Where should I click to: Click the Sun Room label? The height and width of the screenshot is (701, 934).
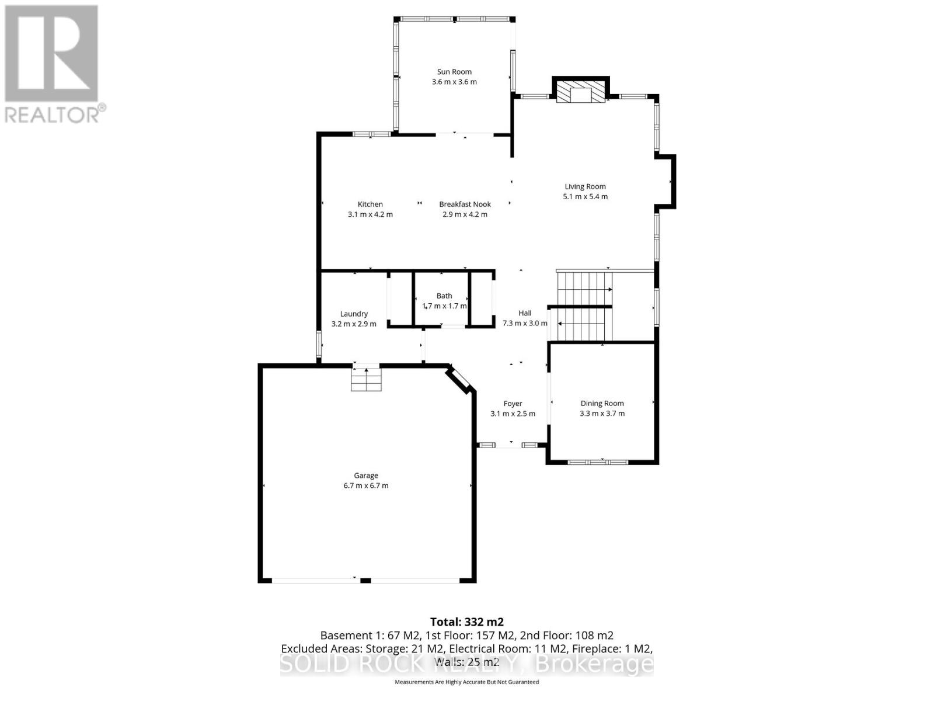pyautogui.click(x=454, y=72)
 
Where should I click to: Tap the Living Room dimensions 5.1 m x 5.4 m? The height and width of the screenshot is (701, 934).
pyautogui.click(x=585, y=197)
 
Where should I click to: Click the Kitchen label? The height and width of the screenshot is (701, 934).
pyautogui.click(x=370, y=204)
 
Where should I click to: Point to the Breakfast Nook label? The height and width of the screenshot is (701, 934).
pyautogui.click(x=465, y=204)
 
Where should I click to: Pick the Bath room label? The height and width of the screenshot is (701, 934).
pyautogui.click(x=444, y=296)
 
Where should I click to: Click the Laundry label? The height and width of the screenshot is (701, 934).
pyautogui.click(x=354, y=314)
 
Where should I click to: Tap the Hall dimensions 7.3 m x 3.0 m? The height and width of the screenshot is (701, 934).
pyautogui.click(x=525, y=323)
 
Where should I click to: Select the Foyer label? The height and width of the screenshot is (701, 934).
pyautogui.click(x=513, y=404)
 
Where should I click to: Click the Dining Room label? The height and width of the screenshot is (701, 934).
pyautogui.click(x=602, y=404)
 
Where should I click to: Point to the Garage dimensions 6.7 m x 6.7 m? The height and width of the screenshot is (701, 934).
pyautogui.click(x=366, y=485)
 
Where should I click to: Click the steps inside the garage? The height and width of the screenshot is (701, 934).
pyautogui.click(x=366, y=380)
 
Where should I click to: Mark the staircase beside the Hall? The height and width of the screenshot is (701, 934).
pyautogui.click(x=584, y=307)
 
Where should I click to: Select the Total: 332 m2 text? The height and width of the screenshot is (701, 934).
pyautogui.click(x=466, y=622)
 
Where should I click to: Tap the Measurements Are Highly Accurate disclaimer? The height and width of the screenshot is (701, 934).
pyautogui.click(x=466, y=682)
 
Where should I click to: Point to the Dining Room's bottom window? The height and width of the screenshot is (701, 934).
pyautogui.click(x=597, y=462)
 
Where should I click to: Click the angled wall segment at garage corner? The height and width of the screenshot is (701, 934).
pyautogui.click(x=461, y=379)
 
